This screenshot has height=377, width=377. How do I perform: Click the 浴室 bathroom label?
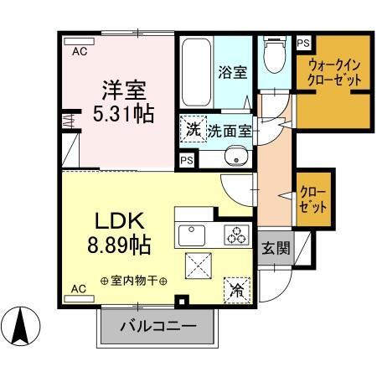point(234,73)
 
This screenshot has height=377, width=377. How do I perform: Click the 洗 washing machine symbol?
point(194,130)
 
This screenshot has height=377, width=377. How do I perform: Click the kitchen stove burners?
point(236,235)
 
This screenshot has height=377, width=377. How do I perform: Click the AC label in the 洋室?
point(79,52)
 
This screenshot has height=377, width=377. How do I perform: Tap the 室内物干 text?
point(133,280)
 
